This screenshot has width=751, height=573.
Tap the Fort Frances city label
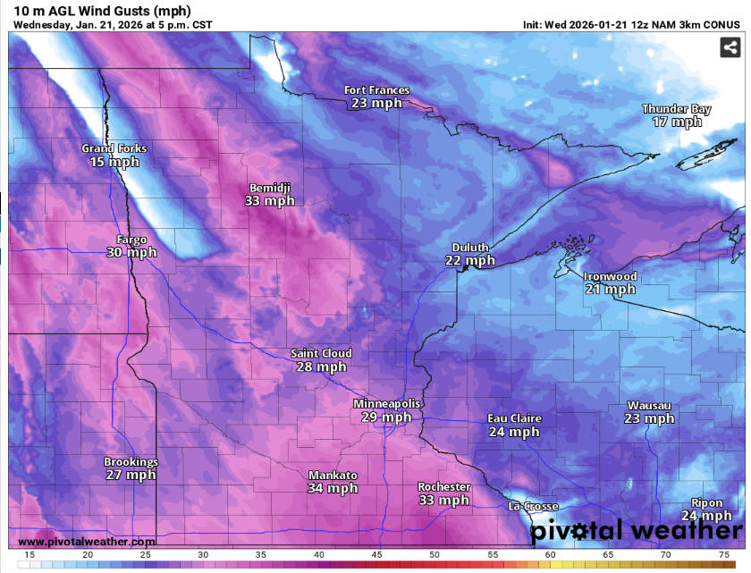click(377, 90)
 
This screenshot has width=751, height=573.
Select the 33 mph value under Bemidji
click(269, 201)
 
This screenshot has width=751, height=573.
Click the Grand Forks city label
click(114, 148)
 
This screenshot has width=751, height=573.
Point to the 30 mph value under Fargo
click(131, 253)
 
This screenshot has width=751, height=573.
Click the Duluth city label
click(470, 248)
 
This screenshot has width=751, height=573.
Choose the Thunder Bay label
click(676, 109)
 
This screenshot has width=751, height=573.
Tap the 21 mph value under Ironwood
click(610, 290)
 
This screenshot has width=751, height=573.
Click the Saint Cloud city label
click(321, 354)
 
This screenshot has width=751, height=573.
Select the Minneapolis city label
click(386, 404)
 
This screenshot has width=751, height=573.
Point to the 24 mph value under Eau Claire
click(514, 432)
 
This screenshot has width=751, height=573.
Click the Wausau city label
click(649, 406)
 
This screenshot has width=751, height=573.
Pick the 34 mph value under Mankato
click(333, 488)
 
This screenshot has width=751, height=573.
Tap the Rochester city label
click(443, 487)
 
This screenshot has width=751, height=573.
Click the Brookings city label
click(131, 462)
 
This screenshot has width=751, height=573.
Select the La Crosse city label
click(533, 507)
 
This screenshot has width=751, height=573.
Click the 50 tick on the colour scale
click(435, 556)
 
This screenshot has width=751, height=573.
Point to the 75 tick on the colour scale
click(722, 556)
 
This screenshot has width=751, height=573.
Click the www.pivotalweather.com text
click(86, 542)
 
